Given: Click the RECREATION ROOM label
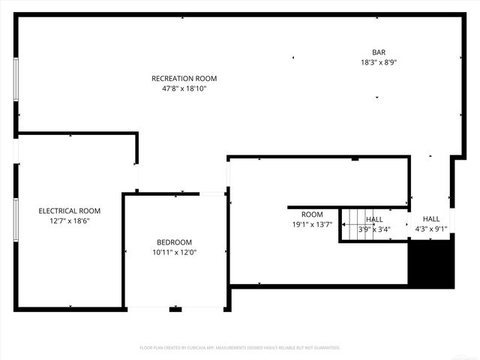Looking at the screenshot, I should tap(184, 78).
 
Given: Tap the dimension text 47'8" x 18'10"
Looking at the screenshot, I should tap(184, 88).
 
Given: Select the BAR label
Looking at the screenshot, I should tap(378, 52).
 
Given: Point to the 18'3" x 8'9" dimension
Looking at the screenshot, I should tap(378, 62).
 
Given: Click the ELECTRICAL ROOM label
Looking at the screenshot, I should tap(69, 211).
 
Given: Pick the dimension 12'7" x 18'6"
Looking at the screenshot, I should tap(69, 220).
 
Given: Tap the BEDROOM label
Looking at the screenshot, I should tap(174, 242).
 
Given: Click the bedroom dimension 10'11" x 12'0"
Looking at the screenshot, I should tap(174, 253).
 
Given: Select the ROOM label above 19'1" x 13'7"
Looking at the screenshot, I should tap(312, 214).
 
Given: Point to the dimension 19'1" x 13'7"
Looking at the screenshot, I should tap(312, 224).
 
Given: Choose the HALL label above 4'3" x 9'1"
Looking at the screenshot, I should tap(431, 219).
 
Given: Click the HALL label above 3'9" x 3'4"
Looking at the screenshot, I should tap(374, 220).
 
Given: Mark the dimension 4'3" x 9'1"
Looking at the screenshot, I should tap(431, 229).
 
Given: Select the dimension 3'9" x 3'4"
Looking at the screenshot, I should tap(374, 229).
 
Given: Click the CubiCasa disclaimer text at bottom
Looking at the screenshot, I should tap(240, 348).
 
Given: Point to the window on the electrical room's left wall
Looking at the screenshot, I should tap(16, 219).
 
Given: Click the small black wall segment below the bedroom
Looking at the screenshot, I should tap(175, 309).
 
